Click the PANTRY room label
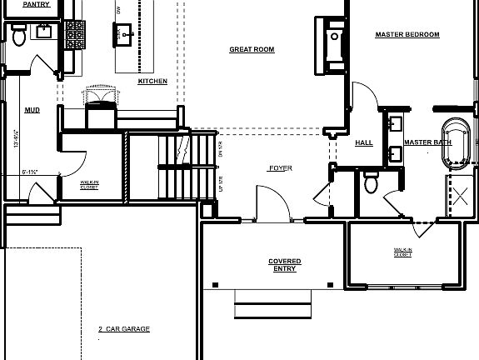coord(34,5)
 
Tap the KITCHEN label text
coord(152,82)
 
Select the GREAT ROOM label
coord(252,50)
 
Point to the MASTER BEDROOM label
coord(407,35)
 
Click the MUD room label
coord(32,109)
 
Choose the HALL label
coord(364,142)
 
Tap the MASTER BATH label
coord(427,142)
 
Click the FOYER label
coord(280,168)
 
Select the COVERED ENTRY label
coord(285,265)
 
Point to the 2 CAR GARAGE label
coord(123,329)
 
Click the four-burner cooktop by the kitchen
coord(76,34)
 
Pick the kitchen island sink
coord(124,35)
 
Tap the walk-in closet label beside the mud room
coord(89,184)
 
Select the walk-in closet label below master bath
coord(403,252)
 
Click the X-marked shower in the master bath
coord(458,198)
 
